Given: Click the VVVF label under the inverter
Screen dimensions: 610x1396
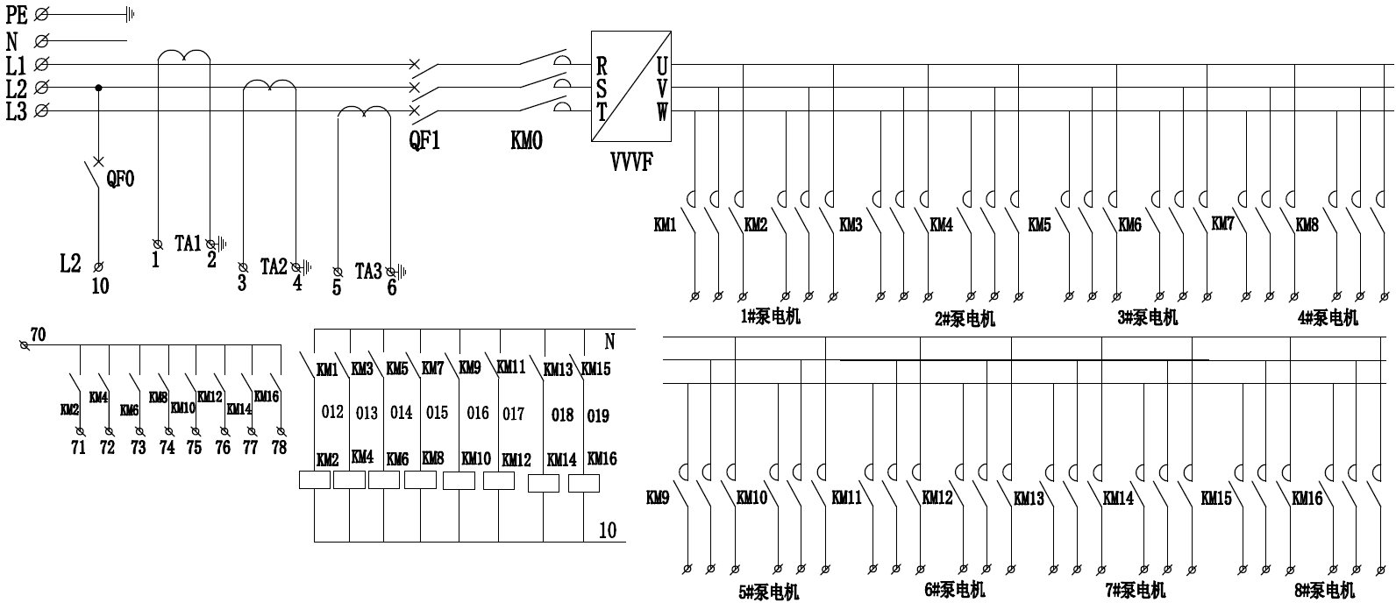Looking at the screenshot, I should point(630,162).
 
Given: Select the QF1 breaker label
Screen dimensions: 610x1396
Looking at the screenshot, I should point(424,140).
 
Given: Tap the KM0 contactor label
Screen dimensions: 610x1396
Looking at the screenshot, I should point(526,140).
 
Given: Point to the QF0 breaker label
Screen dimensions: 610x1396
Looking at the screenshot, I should point(120,179).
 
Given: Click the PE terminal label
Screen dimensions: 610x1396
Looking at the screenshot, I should point(17,14).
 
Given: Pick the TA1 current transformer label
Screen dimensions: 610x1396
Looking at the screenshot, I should point(188,244).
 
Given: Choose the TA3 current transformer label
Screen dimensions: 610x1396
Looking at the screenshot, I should point(368,271).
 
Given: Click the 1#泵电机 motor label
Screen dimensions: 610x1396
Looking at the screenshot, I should point(771,316).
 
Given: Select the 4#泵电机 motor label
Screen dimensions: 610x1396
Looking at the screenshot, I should point(1328,317).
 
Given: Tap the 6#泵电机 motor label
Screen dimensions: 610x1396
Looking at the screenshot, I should point(955,589).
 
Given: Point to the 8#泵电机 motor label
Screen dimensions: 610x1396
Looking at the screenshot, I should point(1324,590).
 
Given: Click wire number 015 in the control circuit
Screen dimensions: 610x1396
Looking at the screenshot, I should point(437,412).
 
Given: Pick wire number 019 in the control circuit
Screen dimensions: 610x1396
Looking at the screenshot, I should point(598,415).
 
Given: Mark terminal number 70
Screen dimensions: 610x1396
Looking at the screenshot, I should point(38,335).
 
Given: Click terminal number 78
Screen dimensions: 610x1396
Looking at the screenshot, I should point(279,448).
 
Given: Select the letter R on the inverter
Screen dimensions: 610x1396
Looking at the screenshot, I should point(602,65).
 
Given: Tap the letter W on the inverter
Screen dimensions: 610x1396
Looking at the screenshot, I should point(662,111).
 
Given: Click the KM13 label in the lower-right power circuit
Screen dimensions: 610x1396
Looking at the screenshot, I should point(1029,499).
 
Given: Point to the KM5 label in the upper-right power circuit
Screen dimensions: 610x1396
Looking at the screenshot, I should point(1039,225).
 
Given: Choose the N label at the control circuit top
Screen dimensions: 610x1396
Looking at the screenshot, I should point(610,341).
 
